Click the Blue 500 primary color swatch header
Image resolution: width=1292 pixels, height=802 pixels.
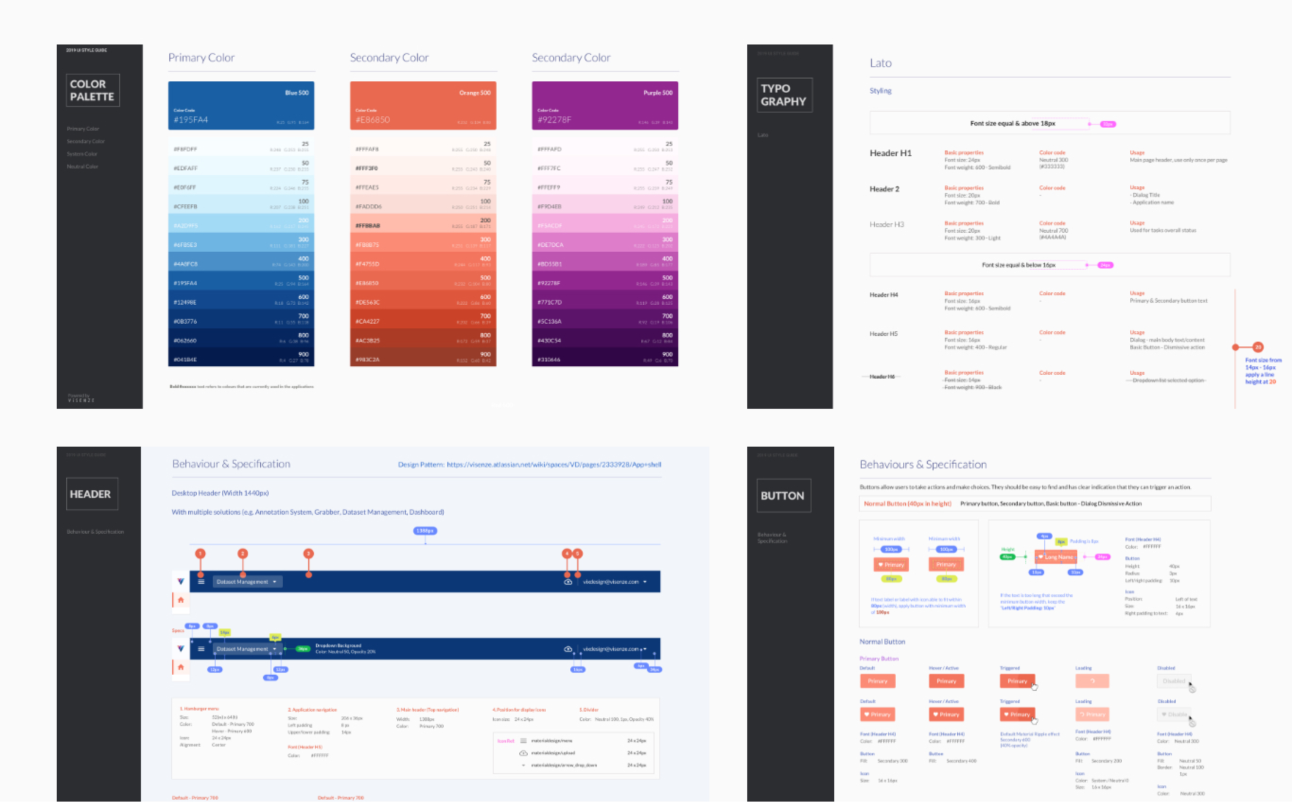tap(241, 105)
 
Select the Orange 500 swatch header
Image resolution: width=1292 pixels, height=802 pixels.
tap(423, 105)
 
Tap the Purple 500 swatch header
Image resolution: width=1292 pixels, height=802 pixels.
tap(605, 105)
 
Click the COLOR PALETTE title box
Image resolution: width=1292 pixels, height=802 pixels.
tap(93, 90)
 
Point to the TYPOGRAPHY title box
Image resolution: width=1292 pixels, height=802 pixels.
tap(784, 95)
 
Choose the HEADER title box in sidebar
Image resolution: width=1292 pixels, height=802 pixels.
tap(92, 494)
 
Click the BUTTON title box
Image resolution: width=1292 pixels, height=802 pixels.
tap(784, 495)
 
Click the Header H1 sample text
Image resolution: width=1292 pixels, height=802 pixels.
tap(890, 153)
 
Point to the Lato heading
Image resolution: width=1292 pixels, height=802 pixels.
tap(881, 63)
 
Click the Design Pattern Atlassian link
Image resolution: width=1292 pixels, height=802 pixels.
tap(553, 465)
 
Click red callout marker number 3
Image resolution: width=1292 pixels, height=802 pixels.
tap(308, 554)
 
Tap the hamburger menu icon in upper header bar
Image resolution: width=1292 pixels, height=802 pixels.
tap(201, 582)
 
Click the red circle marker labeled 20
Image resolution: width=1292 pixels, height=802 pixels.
tap(1257, 347)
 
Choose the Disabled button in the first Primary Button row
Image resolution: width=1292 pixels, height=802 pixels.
tap(1173, 681)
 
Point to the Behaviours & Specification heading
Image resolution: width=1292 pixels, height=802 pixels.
tap(923, 465)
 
